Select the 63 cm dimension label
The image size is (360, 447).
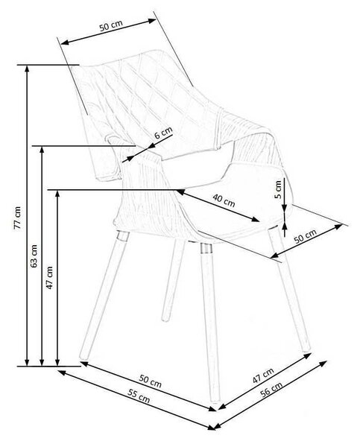click(x=34, y=256)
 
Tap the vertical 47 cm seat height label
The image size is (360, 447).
click(x=49, y=278)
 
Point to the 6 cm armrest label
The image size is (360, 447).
click(x=163, y=133)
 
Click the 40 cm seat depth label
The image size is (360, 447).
click(x=224, y=200)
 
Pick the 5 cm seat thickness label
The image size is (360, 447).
click(x=278, y=189)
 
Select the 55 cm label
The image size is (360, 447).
click(x=139, y=396)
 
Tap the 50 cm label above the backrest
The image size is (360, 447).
click(x=111, y=25)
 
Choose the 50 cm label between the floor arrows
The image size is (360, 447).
click(x=151, y=381)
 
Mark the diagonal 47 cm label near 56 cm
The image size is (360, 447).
click(x=263, y=375)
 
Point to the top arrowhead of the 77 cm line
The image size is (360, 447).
click(x=27, y=68)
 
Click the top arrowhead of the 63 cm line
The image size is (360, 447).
click(x=42, y=150)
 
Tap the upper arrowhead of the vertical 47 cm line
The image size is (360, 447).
click(x=57, y=193)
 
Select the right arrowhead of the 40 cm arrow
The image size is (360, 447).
click(x=256, y=219)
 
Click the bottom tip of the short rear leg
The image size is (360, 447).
click(x=165, y=319)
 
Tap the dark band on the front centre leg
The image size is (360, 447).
click(x=206, y=248)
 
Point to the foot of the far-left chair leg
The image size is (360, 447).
click(x=83, y=356)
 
